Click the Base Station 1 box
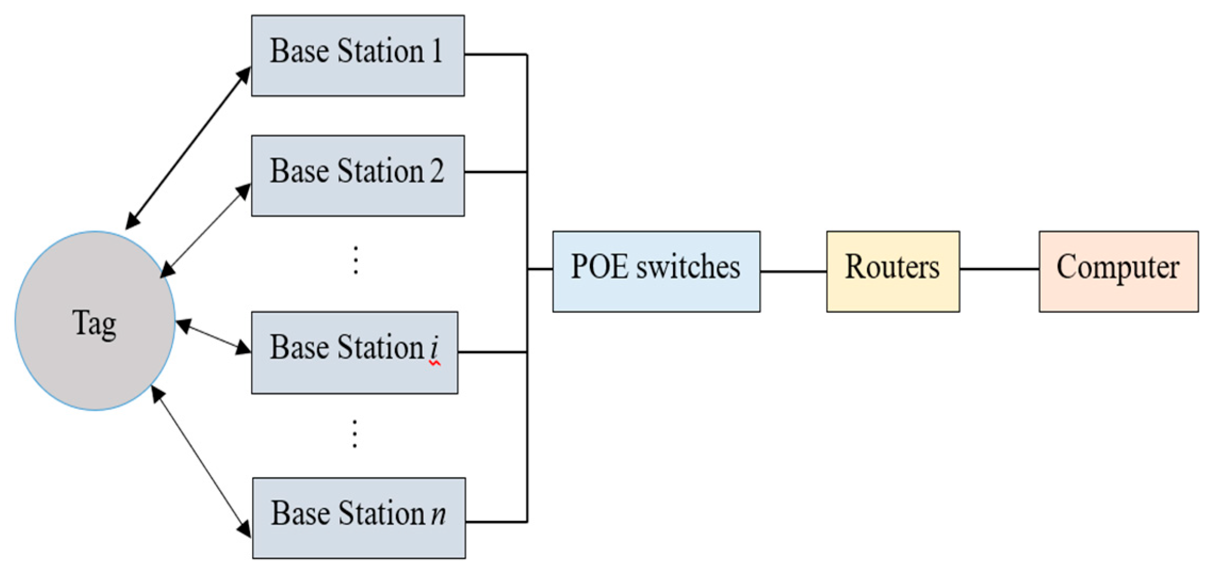[x=357, y=55]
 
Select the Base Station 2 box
[x=357, y=175]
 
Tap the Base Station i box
[x=354, y=352]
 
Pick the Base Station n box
[x=358, y=518]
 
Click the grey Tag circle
[x=95, y=321]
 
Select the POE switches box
[x=656, y=271]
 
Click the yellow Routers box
[x=893, y=271]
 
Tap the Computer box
[x=1118, y=271]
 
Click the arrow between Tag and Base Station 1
[x=188, y=148]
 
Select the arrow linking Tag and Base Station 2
[x=206, y=230]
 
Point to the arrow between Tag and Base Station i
[x=213, y=336]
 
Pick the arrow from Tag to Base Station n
[x=201, y=462]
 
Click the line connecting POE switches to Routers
[x=793, y=271]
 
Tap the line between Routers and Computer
[x=999, y=269]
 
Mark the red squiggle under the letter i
[x=435, y=363]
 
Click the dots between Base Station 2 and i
[x=356, y=260]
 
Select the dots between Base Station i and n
[x=355, y=434]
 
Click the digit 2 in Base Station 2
[x=437, y=172]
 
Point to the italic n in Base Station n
[x=438, y=515]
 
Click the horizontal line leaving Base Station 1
[x=495, y=54]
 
